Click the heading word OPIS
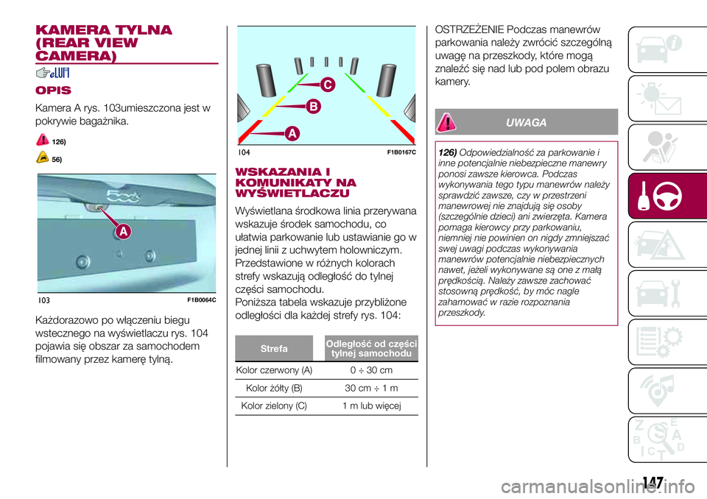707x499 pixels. point(53,90)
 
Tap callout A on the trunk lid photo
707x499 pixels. point(123,231)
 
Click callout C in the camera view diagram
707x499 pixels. point(328,85)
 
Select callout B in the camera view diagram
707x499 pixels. point(314,107)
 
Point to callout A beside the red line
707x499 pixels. point(292,133)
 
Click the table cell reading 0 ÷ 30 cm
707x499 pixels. point(371,370)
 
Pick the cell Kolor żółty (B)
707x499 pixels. point(274,388)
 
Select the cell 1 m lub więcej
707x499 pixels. point(371,406)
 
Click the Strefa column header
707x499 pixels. point(274,348)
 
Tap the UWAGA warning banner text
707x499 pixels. point(526,123)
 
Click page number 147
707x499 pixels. point(653,483)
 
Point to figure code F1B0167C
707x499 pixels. point(401,153)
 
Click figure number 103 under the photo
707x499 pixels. point(43,300)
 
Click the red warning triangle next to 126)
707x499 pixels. point(43,140)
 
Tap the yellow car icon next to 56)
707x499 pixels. point(43,158)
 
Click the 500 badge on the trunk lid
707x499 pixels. point(123,196)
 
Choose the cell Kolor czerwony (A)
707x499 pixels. point(274,370)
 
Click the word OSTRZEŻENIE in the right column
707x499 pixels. point(469,29)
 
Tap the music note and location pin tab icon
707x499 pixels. point(658,389)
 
